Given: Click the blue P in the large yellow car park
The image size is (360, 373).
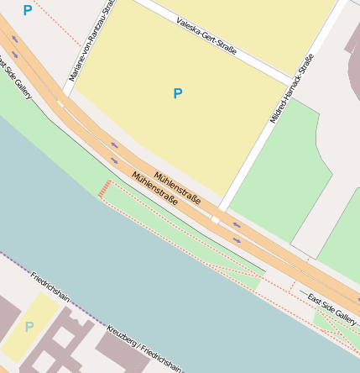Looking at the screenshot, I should (177, 93).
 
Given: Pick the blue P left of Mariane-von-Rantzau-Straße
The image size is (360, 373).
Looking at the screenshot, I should (28, 10).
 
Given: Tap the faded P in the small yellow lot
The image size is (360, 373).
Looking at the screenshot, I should (29, 327).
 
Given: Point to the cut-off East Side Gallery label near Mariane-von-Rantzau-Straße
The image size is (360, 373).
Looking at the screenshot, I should (16, 77).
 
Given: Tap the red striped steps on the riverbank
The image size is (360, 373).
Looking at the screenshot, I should (105, 188).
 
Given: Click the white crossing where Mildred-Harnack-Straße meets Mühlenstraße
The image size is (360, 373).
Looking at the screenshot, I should (216, 219).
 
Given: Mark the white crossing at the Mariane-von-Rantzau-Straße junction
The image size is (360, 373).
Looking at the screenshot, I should (60, 102).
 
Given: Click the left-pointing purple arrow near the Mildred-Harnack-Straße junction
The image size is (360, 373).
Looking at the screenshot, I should (237, 224).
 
